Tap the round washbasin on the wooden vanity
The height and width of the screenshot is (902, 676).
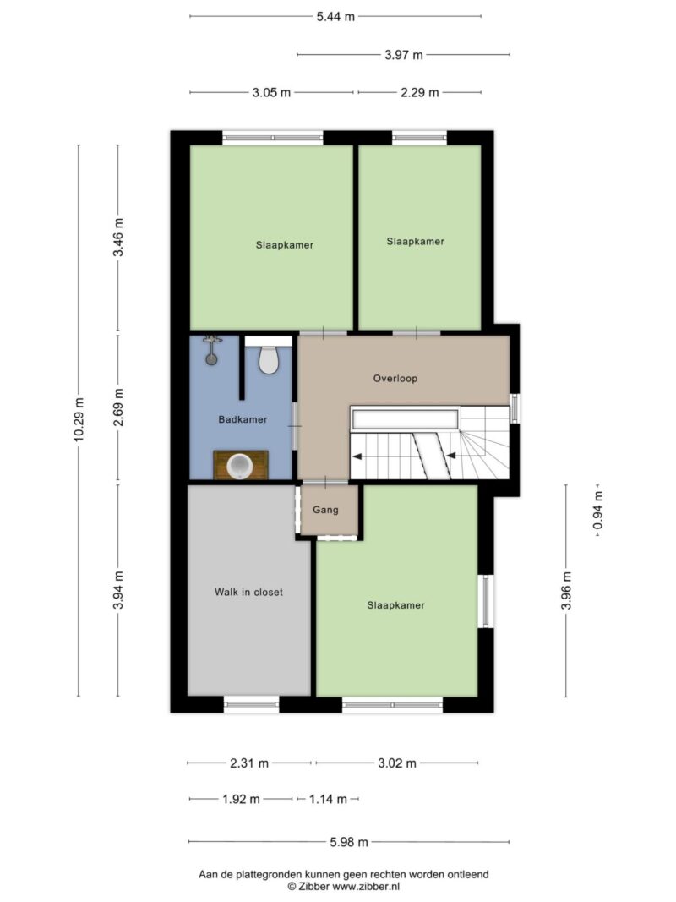pyautogui.click(x=240, y=466)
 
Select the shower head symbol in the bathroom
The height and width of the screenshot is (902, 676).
pyautogui.click(x=212, y=350)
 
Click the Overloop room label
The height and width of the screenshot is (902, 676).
pyautogui.click(x=395, y=379)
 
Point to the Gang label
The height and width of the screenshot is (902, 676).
pyautogui.click(x=325, y=510)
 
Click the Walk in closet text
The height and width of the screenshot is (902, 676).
pyautogui.click(x=248, y=592)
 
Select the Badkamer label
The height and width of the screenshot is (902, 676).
pyautogui.click(x=243, y=419)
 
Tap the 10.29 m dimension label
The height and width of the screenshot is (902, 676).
pyautogui.click(x=79, y=419)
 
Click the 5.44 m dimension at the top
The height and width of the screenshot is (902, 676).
pyautogui.click(x=335, y=17)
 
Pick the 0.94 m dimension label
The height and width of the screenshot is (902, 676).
pyautogui.click(x=597, y=510)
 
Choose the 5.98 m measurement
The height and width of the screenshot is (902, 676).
pyautogui.click(x=349, y=842)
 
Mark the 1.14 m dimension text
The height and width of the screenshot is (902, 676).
pyautogui.click(x=328, y=799)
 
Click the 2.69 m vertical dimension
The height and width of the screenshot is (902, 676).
pyautogui.click(x=117, y=407)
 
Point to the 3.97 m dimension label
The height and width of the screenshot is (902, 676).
pyautogui.click(x=404, y=55)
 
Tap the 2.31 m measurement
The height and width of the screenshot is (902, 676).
pyautogui.click(x=249, y=763)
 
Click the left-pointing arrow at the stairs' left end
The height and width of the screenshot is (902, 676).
pyautogui.click(x=357, y=456)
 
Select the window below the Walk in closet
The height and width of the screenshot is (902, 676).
pyautogui.click(x=251, y=704)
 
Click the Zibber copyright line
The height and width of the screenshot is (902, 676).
pyautogui.click(x=344, y=887)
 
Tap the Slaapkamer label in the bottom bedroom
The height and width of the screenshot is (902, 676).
pyautogui.click(x=396, y=605)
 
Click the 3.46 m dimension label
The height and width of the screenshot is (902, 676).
pyautogui.click(x=117, y=238)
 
